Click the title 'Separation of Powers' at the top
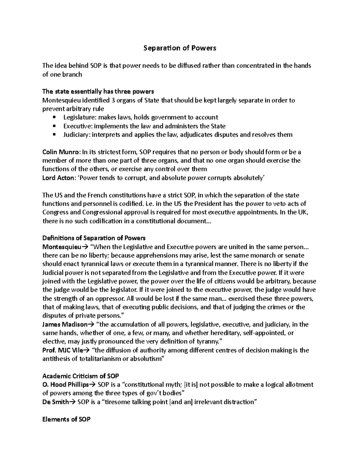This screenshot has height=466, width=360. [180, 48]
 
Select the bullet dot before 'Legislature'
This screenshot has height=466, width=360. [54, 117]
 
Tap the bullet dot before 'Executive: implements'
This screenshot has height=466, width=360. [54, 126]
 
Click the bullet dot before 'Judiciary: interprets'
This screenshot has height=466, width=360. [54, 135]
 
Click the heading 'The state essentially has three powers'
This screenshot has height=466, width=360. [98, 91]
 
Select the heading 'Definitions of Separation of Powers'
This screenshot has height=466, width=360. [94, 238]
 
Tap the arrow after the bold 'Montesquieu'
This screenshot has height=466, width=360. [84, 247]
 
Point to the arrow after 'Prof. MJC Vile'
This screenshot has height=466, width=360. [84, 350]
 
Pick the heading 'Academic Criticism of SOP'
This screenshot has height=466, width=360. [81, 376]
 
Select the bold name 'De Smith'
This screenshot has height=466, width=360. [55, 402]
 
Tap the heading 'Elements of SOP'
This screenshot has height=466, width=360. [66, 419]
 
